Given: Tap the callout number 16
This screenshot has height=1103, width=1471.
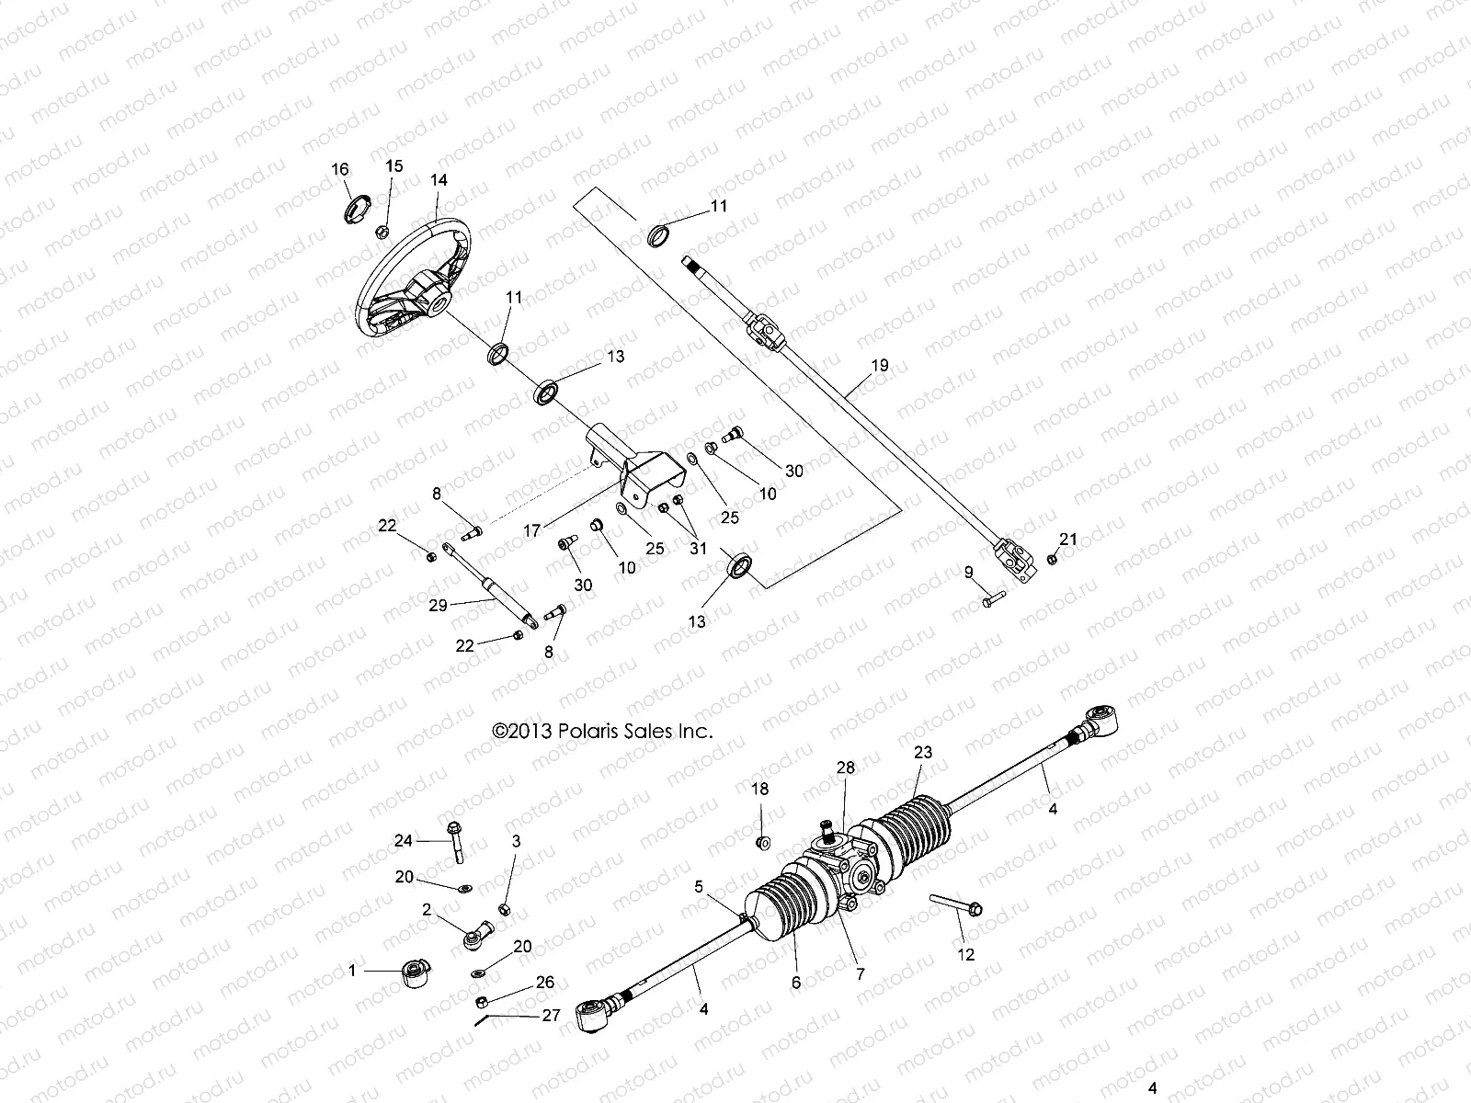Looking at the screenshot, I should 340,169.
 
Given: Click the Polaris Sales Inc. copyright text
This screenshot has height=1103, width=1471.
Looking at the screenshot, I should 603,732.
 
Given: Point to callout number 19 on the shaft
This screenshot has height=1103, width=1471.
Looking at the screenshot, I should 879,366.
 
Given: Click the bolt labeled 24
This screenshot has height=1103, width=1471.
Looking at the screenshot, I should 454,840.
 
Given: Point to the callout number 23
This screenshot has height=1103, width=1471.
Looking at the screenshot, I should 922,752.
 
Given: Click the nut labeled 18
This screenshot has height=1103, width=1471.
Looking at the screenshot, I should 761,842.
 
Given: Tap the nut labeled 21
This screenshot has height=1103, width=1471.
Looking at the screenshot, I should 1052,558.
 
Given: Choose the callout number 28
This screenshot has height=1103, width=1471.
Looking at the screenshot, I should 845,768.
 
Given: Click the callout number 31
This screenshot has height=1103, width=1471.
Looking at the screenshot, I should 699,549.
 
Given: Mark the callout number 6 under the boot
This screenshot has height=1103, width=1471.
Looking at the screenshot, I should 796,983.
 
